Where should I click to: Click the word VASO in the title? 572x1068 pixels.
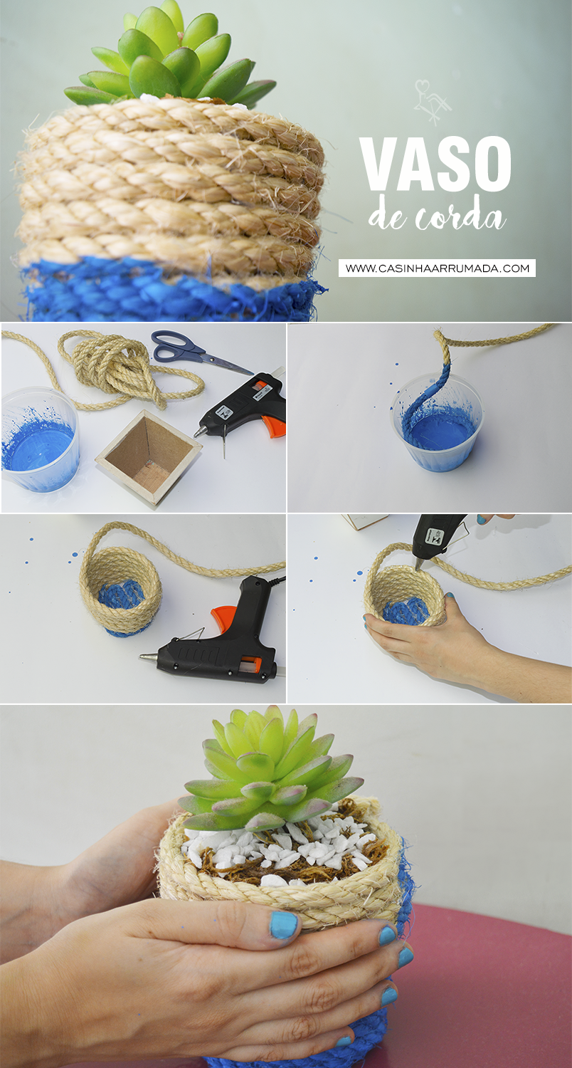(x=435, y=163)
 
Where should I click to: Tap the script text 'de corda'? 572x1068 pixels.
(x=436, y=216)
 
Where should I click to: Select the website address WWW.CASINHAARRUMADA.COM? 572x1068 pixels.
(x=437, y=268)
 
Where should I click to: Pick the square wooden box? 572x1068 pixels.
(x=148, y=456)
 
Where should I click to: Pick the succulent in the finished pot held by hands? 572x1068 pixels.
(x=270, y=769)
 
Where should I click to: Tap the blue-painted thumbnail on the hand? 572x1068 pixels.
(x=284, y=925)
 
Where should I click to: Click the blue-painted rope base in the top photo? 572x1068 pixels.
(x=164, y=292)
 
